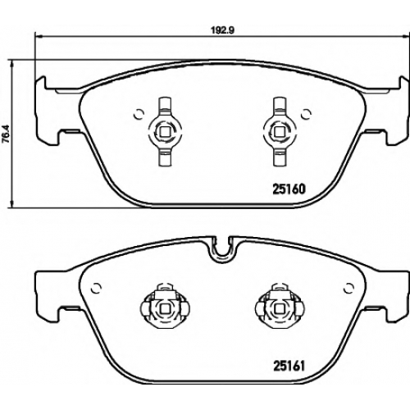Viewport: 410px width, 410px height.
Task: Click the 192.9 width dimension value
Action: pyautogui.click(x=222, y=30)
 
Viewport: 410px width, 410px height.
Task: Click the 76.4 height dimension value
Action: pyautogui.click(x=6, y=134)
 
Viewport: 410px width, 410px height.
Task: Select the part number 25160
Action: pyautogui.click(x=289, y=189)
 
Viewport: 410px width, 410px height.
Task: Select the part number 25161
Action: pyautogui.click(x=289, y=366)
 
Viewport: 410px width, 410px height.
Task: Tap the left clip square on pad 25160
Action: pyautogui.click(x=165, y=132)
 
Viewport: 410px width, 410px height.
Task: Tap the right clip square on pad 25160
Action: pyautogui.click(x=280, y=132)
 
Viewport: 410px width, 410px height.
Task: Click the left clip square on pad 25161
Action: pyautogui.click(x=165, y=308)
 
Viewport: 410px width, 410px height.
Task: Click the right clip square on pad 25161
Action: pyautogui.click(x=280, y=308)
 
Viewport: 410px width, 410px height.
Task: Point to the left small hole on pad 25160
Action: pyautogui.click(x=139, y=114)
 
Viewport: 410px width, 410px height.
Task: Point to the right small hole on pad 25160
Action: pyautogui.click(x=306, y=114)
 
